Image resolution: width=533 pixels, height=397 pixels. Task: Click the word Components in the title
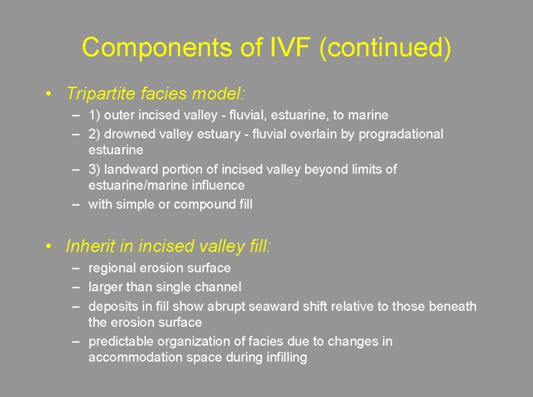157,47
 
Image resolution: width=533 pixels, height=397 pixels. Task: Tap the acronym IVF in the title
290,47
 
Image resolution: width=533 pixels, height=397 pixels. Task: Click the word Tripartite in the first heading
100,94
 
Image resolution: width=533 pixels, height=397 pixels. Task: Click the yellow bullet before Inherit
48,246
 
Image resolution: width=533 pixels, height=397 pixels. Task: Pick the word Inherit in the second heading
91,246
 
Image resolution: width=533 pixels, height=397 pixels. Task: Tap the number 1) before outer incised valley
94,115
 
